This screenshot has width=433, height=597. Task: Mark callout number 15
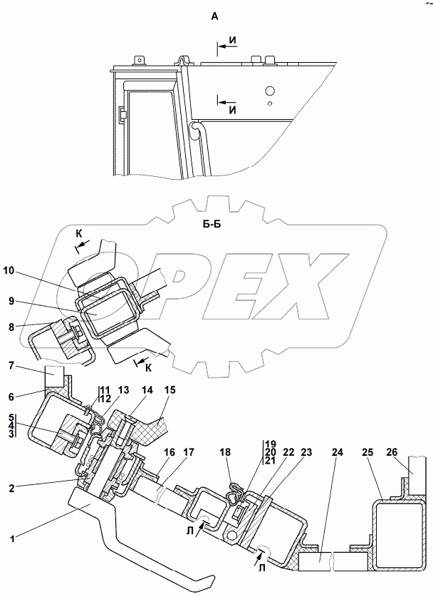tap(170, 390)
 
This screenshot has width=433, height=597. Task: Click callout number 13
tap(124, 390)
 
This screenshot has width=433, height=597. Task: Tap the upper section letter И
tap(234, 44)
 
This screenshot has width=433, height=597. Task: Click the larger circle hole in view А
tap(269, 91)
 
